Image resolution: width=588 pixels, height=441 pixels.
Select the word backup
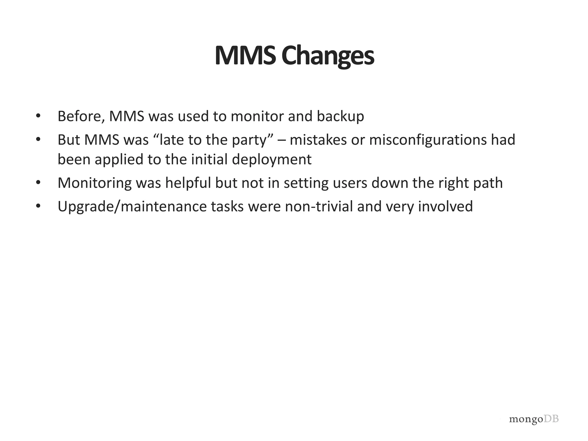[341, 117]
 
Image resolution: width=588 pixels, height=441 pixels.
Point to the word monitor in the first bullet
[257, 117]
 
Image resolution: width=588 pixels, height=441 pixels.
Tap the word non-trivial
[319, 206]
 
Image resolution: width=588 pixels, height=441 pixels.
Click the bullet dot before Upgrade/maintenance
[38, 206]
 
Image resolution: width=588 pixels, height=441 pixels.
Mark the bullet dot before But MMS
[38, 140]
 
